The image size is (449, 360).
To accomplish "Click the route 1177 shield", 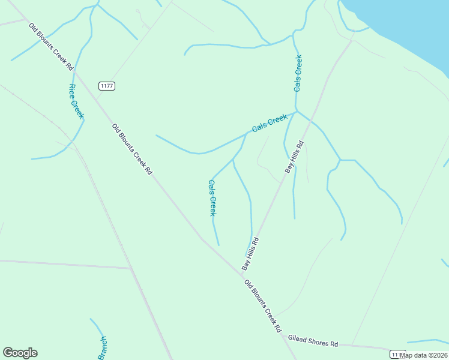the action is coord(107,86).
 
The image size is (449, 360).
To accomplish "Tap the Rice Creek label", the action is coord(76,101).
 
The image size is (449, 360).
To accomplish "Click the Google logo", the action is coord(20,353).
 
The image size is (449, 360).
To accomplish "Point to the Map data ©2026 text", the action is coord(424,355).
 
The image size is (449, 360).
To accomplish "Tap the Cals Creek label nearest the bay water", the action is coord(298,73).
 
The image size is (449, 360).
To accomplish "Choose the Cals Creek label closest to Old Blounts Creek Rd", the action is coord(212,198).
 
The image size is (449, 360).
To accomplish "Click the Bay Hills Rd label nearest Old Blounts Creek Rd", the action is coord(250,254).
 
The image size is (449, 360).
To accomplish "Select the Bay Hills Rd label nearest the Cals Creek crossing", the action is coord(295,157).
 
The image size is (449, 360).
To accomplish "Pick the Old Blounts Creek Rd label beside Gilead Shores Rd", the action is coord(263,307).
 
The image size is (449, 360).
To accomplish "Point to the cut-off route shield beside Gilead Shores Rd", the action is coord(397,353).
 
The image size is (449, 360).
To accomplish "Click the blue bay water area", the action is coord(408,24).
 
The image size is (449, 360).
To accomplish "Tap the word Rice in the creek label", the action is coord(72,91).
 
